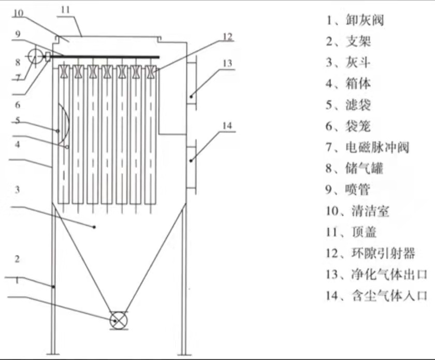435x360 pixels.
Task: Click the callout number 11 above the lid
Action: coord(65,10)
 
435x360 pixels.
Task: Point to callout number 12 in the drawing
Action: coord(228,37)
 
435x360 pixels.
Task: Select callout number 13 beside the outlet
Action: coord(228,63)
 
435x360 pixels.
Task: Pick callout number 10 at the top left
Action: coord(18,13)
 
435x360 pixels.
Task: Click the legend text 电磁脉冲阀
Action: coord(377,147)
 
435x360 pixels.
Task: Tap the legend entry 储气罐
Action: coord(365,168)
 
